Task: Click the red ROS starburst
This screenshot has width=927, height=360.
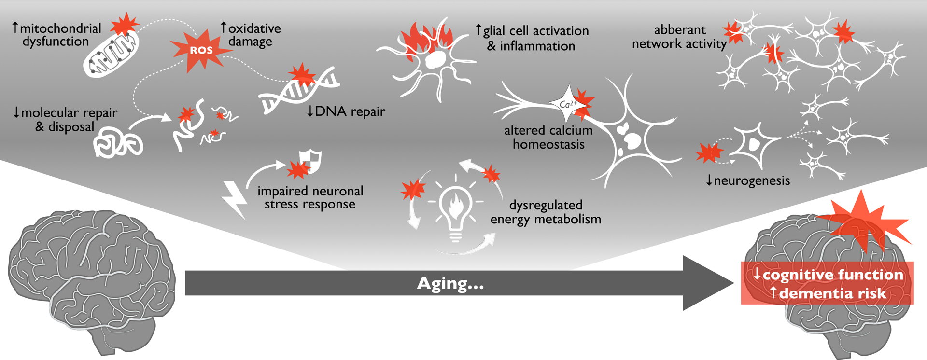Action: click(200, 50)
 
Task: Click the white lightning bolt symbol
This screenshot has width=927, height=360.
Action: click(235, 199)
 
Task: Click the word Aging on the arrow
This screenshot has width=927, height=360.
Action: click(450, 283)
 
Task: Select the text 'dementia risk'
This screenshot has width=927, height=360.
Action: click(832, 293)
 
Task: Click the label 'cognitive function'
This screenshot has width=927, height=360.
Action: click(832, 275)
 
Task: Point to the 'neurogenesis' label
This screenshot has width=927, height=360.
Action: click(751, 180)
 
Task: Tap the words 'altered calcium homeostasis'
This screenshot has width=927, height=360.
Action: click(548, 137)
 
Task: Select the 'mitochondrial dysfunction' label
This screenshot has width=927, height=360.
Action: click(56, 35)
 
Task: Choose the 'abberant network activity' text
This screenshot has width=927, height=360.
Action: click(679, 37)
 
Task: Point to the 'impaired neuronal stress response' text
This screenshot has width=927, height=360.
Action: click(310, 197)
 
